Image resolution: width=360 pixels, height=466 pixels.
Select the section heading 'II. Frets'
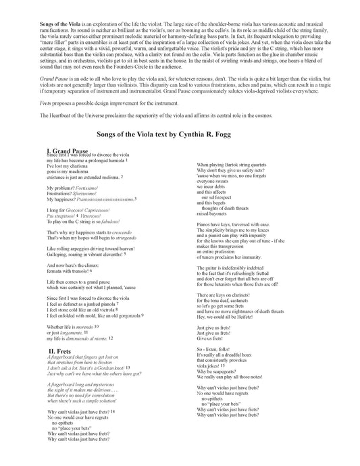(60, 351)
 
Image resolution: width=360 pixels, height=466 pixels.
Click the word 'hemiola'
(112, 179)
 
